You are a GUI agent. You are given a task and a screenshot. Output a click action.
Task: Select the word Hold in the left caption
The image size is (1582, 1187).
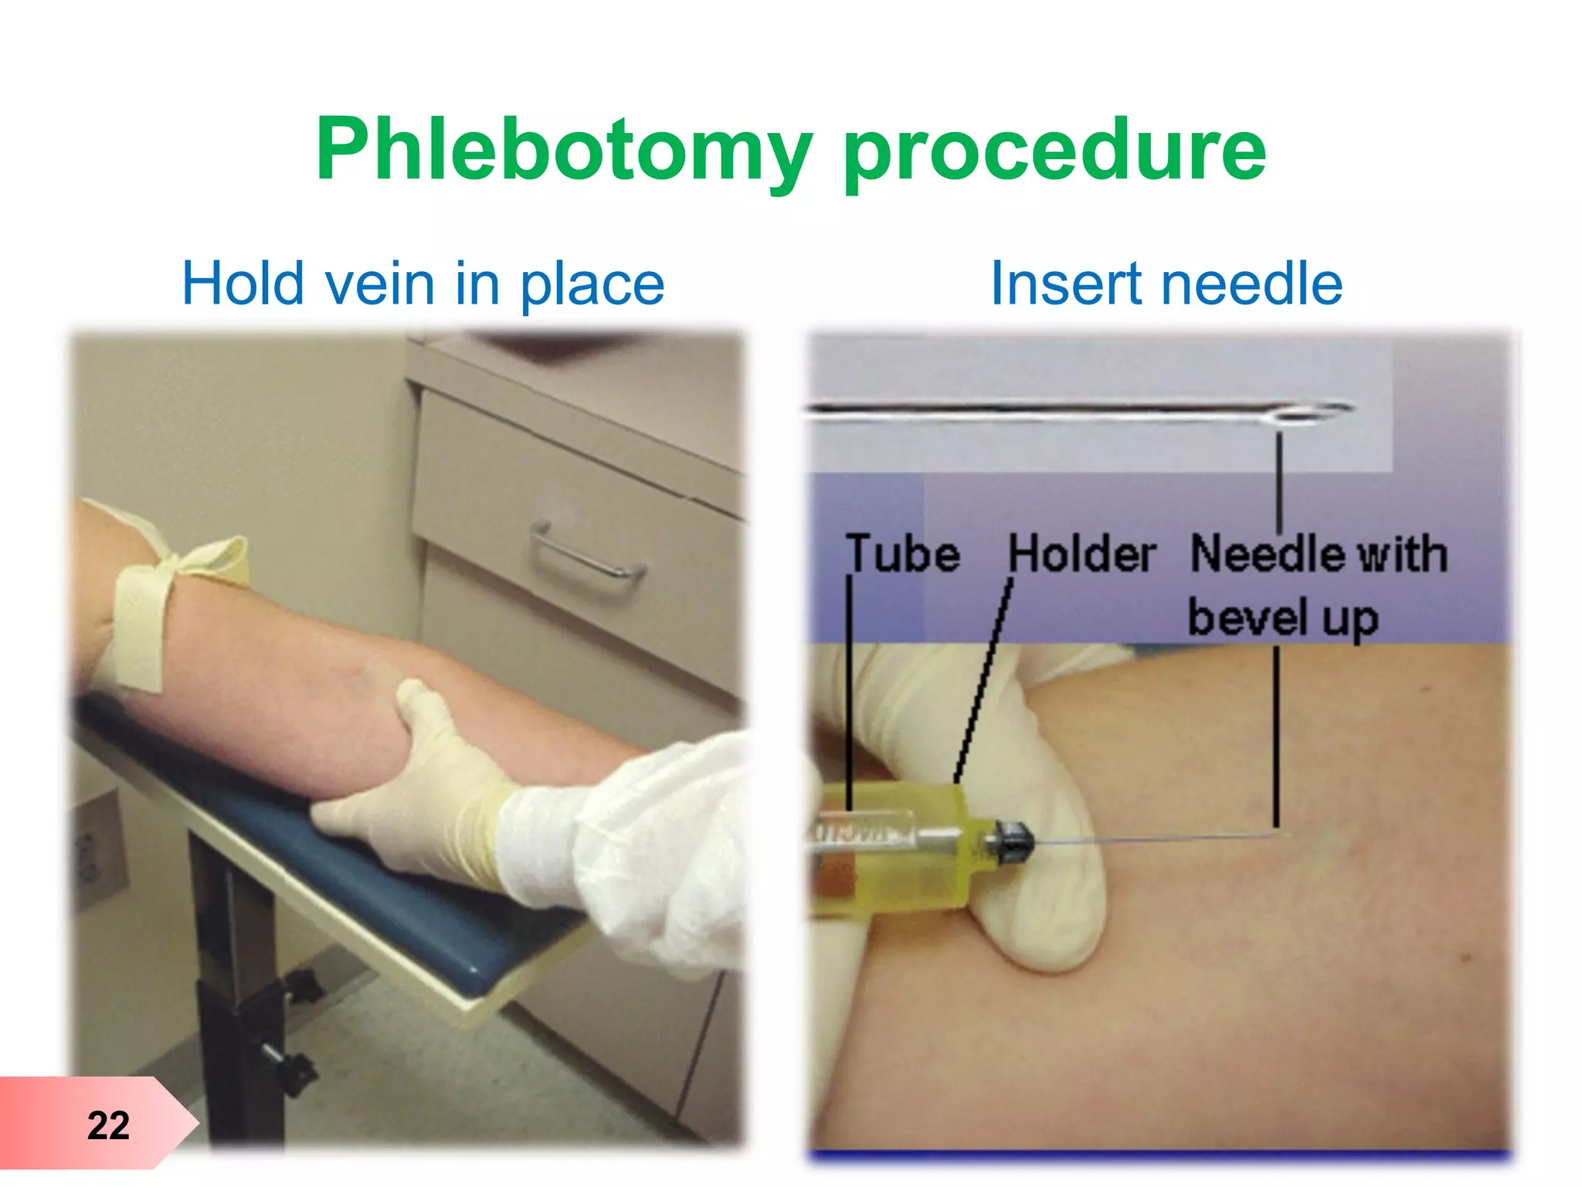pyautogui.click(x=243, y=284)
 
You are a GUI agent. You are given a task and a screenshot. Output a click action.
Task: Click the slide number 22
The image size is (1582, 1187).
pyautogui.click(x=108, y=1125)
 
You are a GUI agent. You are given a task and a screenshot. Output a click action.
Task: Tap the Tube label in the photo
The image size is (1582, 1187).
pyautogui.click(x=903, y=554)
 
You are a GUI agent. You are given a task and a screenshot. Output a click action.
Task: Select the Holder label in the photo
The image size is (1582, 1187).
pyautogui.click(x=1082, y=554)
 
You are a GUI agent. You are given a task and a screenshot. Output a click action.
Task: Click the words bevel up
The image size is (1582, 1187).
pyautogui.click(x=1283, y=618)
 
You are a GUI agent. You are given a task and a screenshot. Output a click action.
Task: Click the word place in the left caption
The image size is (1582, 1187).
pyautogui.click(x=592, y=284)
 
